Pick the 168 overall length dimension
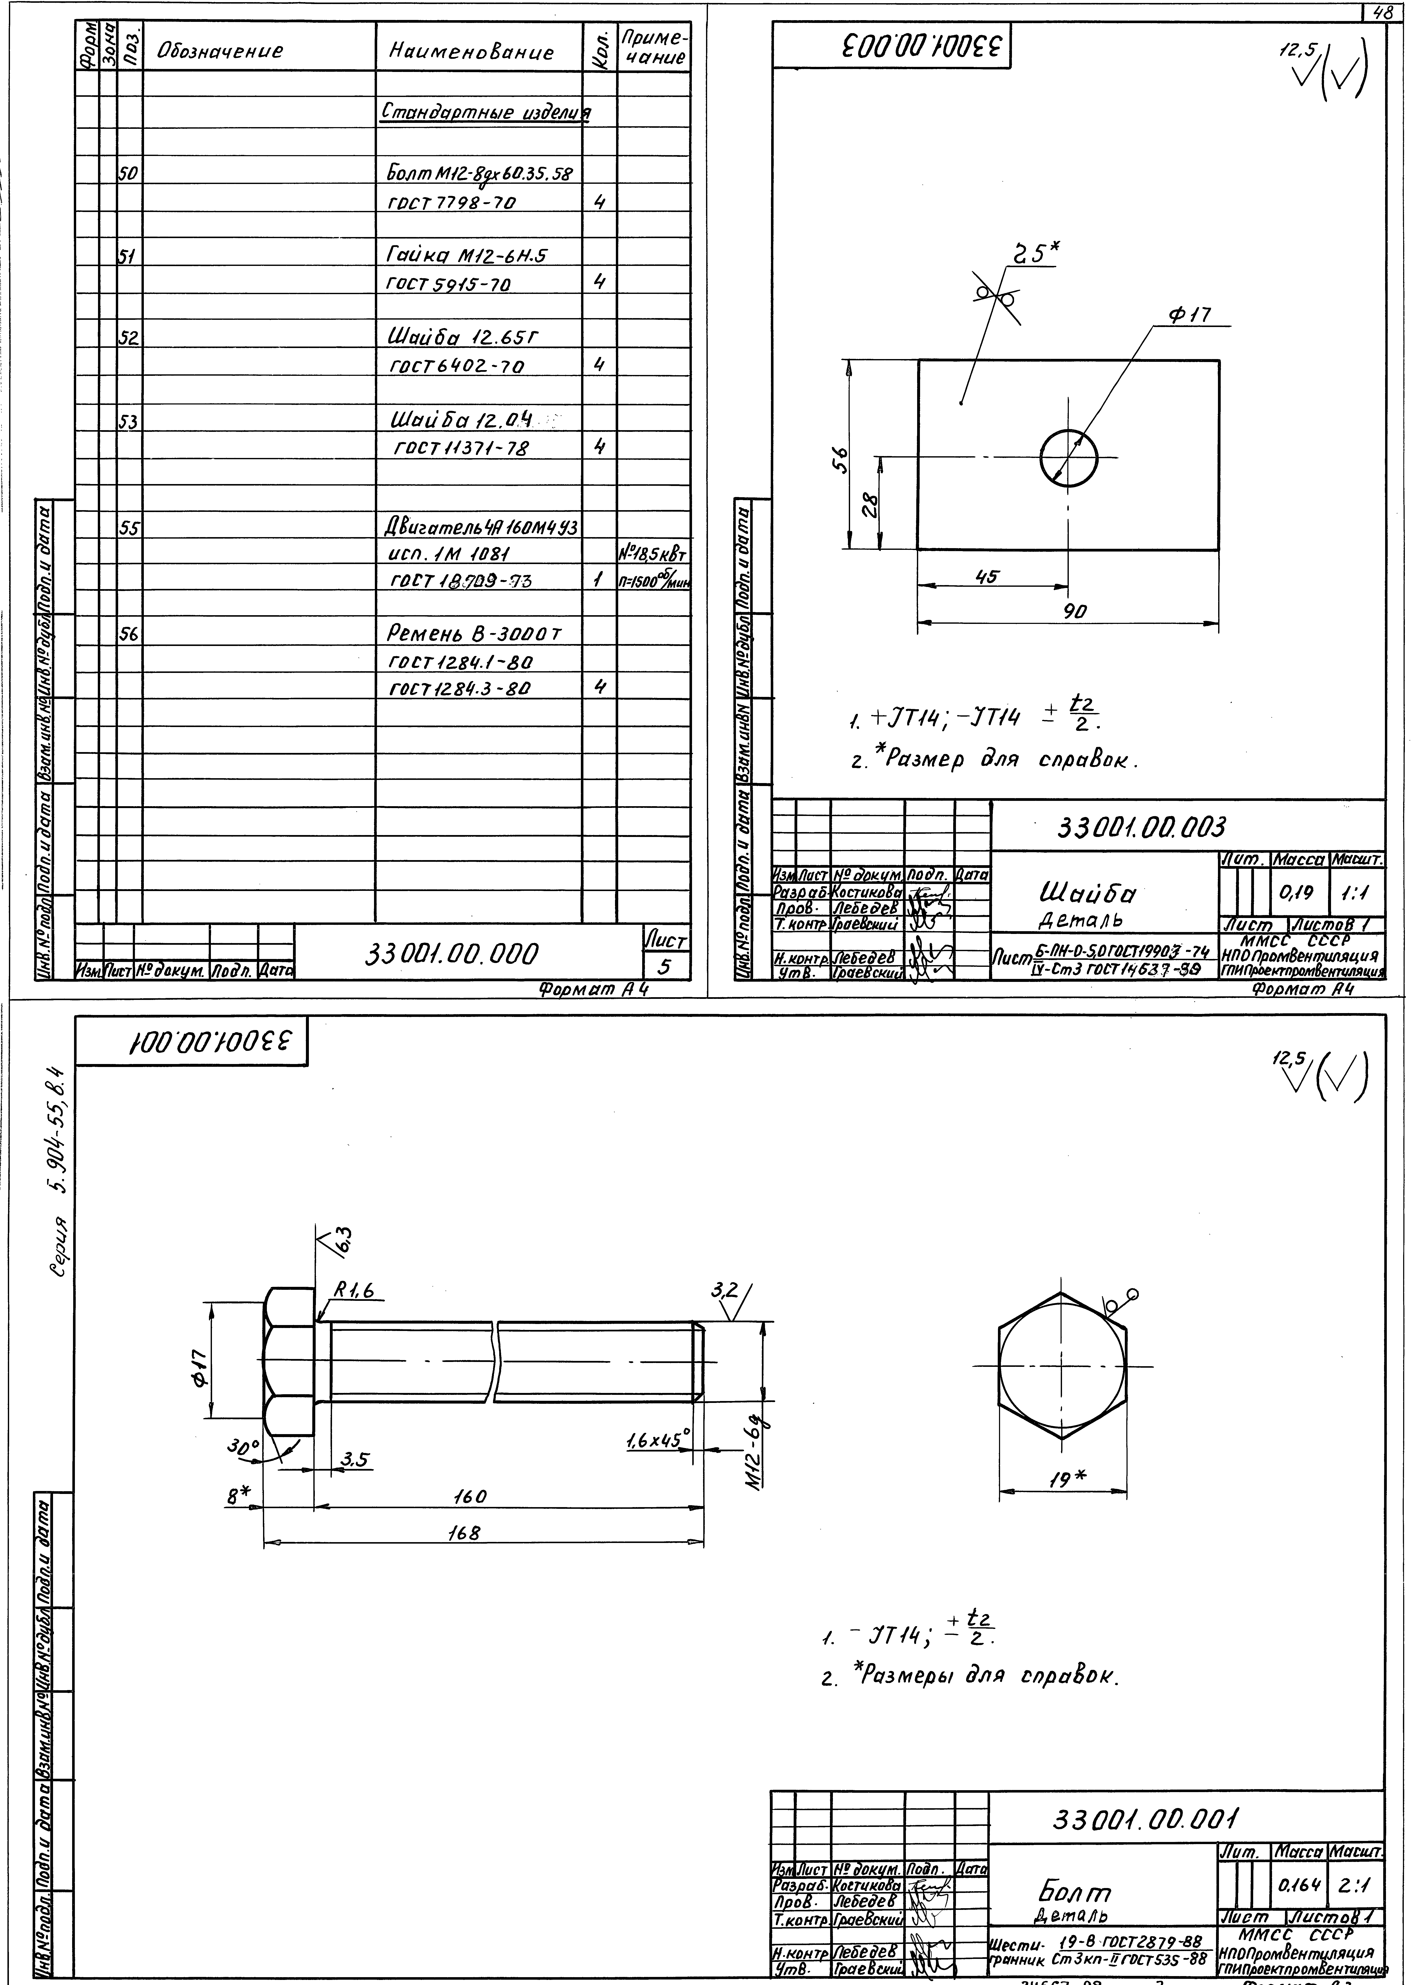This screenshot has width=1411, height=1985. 464,1533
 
